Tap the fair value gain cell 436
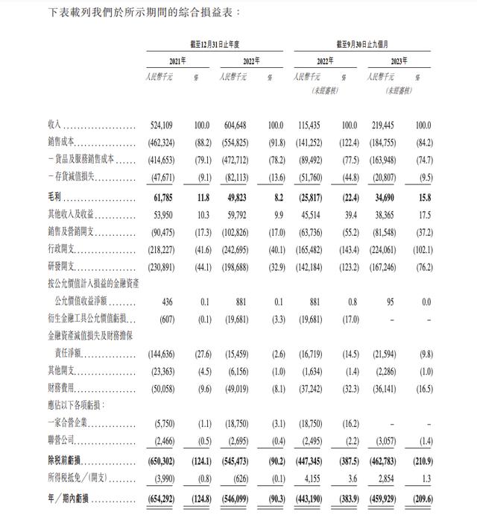coord(168,303)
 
